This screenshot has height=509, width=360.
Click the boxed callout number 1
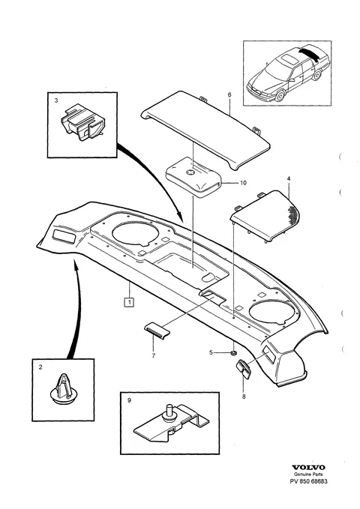click(x=129, y=303)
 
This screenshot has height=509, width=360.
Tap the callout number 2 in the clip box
click(x=40, y=367)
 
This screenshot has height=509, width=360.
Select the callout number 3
click(x=56, y=100)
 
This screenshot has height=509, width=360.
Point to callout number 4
click(x=289, y=178)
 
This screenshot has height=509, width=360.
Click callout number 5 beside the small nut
click(x=211, y=352)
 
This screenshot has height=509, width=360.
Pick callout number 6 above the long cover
click(x=229, y=94)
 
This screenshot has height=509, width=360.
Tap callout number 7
click(x=153, y=355)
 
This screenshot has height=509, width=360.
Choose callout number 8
click(x=244, y=397)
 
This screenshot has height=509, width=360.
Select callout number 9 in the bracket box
click(x=129, y=400)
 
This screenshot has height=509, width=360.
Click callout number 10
click(x=243, y=183)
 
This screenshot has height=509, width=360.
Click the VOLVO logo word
click(x=308, y=468)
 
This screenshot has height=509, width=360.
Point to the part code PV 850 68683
click(x=308, y=481)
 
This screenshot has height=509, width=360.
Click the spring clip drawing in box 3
click(x=82, y=122)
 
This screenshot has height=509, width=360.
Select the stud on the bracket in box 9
click(x=169, y=412)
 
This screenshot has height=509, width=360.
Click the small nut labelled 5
click(x=233, y=352)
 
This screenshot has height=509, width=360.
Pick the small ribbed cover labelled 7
click(x=157, y=331)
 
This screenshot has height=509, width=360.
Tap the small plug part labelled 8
click(x=243, y=369)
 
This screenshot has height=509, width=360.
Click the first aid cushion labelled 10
click(x=193, y=177)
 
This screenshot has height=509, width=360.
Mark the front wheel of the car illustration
click(x=280, y=96)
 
